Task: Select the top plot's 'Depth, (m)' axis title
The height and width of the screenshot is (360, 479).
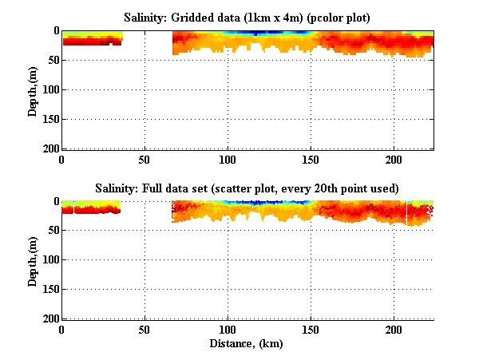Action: [x=33, y=90]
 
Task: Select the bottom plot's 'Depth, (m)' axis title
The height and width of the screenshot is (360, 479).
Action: [x=33, y=261]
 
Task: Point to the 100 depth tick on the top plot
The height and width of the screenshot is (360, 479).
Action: [x=49, y=90]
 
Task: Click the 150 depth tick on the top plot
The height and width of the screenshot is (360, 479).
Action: [x=49, y=120]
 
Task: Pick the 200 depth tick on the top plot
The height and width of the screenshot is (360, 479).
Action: [x=49, y=148]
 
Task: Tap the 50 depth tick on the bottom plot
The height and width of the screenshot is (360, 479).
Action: [x=52, y=231]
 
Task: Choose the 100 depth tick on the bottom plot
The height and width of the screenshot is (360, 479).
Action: [x=49, y=260]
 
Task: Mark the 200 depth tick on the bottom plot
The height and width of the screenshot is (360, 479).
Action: [x=49, y=318]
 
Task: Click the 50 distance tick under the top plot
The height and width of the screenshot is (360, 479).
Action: [x=144, y=159]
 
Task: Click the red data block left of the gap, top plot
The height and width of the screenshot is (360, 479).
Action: [x=91, y=41]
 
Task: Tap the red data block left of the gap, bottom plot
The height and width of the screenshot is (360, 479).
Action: [x=89, y=210]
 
